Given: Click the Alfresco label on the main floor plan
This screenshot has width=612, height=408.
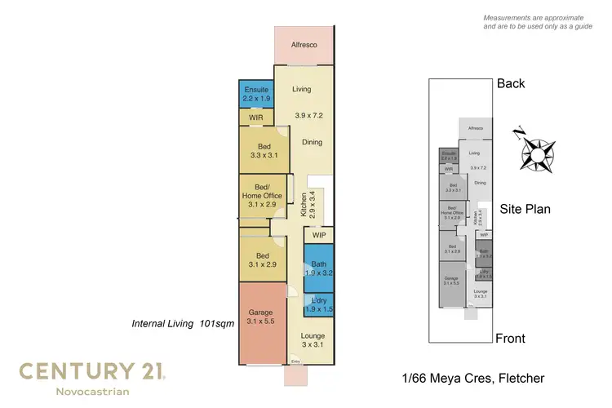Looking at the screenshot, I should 304,45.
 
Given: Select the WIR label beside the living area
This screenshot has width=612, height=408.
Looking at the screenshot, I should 256,118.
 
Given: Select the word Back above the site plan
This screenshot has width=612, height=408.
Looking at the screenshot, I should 511,84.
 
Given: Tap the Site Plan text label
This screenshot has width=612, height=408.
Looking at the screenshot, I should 525,210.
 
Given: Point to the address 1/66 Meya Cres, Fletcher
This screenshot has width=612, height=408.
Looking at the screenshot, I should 472,378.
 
